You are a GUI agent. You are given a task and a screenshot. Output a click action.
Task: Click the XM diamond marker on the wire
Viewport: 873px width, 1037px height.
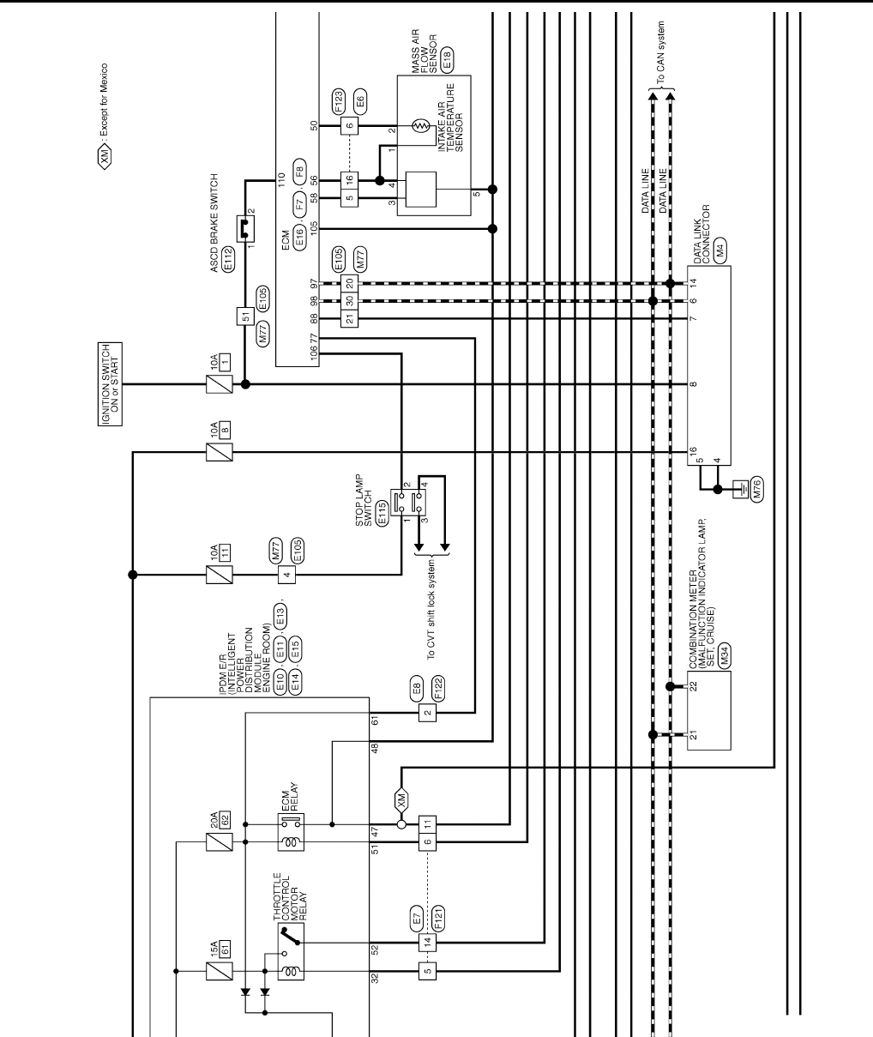(x=401, y=801)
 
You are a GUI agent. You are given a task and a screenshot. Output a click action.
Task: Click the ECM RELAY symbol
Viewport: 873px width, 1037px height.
(x=291, y=833)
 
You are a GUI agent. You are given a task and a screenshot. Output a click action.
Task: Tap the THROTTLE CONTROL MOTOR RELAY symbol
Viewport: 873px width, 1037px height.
(x=291, y=956)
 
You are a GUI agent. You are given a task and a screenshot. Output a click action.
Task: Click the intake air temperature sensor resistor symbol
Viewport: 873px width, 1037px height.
(x=420, y=126)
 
